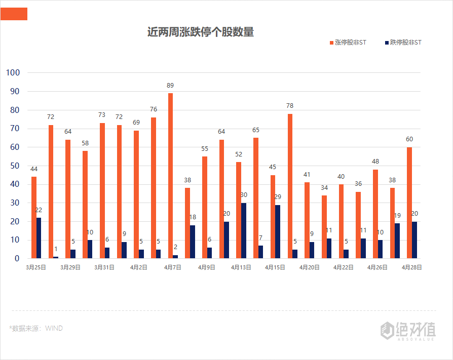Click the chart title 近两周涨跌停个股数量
click(x=200, y=32)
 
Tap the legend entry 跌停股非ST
click(x=403, y=43)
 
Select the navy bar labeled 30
click(x=244, y=230)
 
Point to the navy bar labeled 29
click(x=278, y=231)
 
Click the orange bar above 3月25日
click(x=34, y=217)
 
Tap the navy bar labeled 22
click(x=39, y=238)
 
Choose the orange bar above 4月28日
click(x=409, y=203)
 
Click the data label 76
click(x=154, y=109)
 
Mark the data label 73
click(x=102, y=115)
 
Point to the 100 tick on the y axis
click(x=13, y=73)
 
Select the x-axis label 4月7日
click(x=172, y=267)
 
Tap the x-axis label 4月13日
click(x=241, y=267)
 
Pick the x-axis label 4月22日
click(x=343, y=267)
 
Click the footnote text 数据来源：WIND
click(x=36, y=328)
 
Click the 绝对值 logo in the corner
click(x=408, y=330)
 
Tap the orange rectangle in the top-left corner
click(x=14, y=14)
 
